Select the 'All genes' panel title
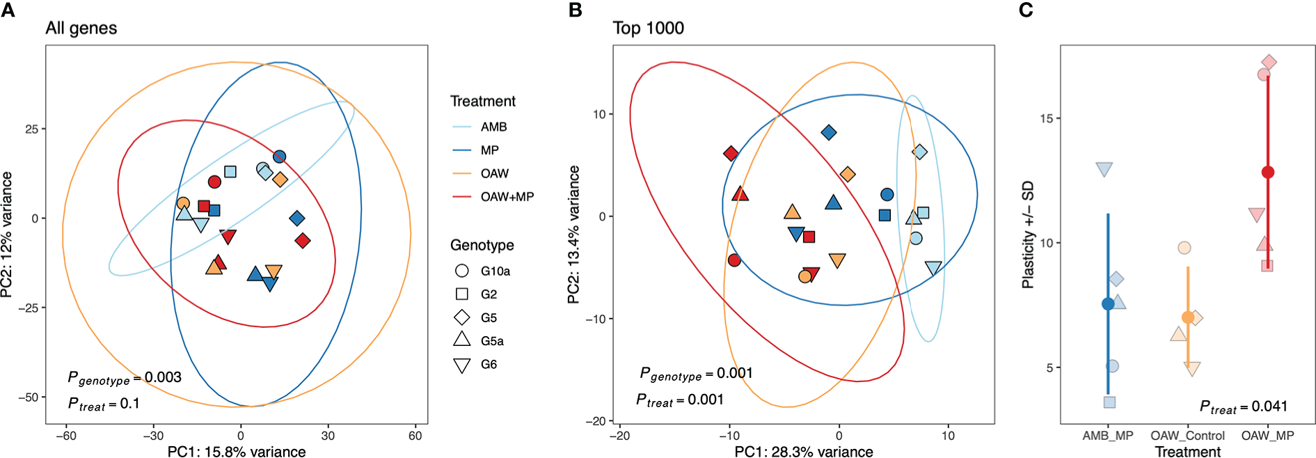click(x=81, y=29)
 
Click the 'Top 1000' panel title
click(x=648, y=29)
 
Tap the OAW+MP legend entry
click(x=507, y=197)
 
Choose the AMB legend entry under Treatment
click(x=493, y=127)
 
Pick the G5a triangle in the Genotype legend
click(x=462, y=340)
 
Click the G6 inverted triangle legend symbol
click(x=462, y=365)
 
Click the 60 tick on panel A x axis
click(x=415, y=436)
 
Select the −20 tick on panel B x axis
click(x=619, y=436)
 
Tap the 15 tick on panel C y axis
click(x=1046, y=118)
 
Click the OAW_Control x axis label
click(x=1187, y=436)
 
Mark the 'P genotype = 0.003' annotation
click(x=124, y=378)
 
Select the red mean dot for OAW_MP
click(x=1268, y=172)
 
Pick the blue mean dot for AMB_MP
click(x=1108, y=303)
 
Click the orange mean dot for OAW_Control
click(x=1188, y=317)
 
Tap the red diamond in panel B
click(x=731, y=153)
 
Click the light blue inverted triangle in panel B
click(x=933, y=268)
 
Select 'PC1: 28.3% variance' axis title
click(x=803, y=452)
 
